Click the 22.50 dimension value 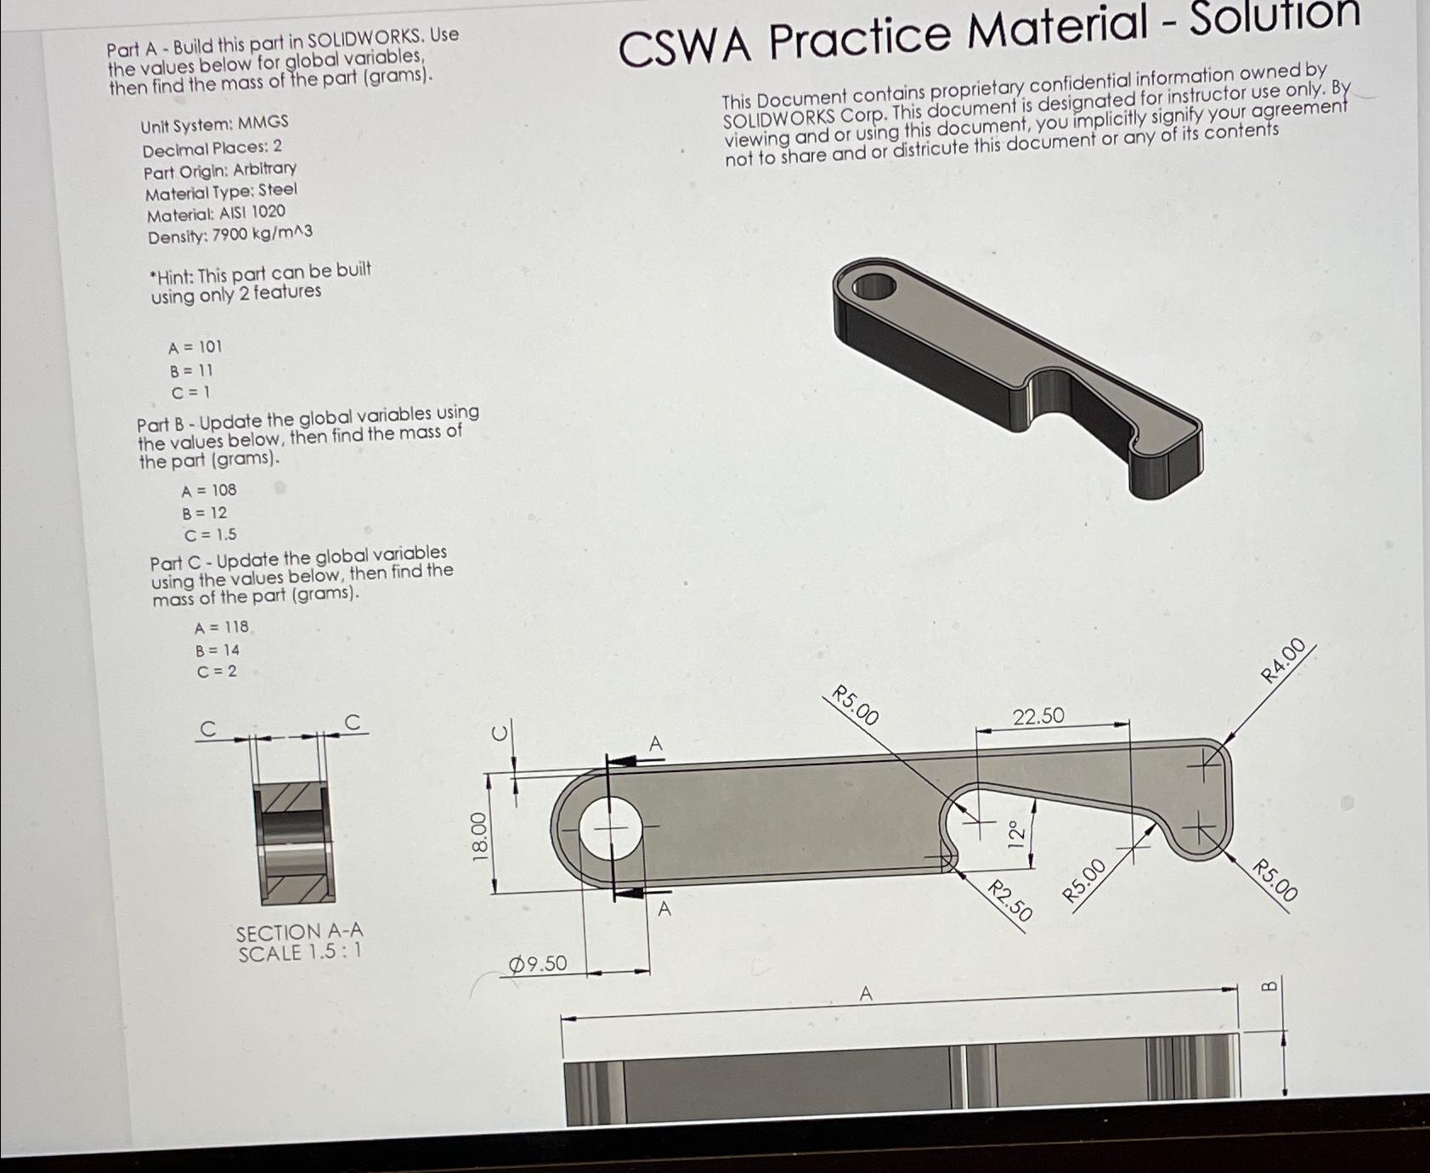coord(1038,717)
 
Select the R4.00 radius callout coord(1283,661)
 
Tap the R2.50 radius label coord(1010,901)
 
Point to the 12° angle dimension coord(1015,834)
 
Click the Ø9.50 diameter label coord(538,963)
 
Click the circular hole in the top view coord(610,827)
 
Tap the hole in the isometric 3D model coord(873,286)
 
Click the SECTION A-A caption coord(299,943)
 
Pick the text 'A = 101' coord(195,347)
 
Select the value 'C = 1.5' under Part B coord(210,534)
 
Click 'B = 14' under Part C coord(218,650)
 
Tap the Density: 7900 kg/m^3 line coord(229,234)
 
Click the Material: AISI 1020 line coord(216,213)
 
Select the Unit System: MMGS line coord(214,124)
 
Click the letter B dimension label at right coord(1268,985)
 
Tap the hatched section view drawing coord(292,841)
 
